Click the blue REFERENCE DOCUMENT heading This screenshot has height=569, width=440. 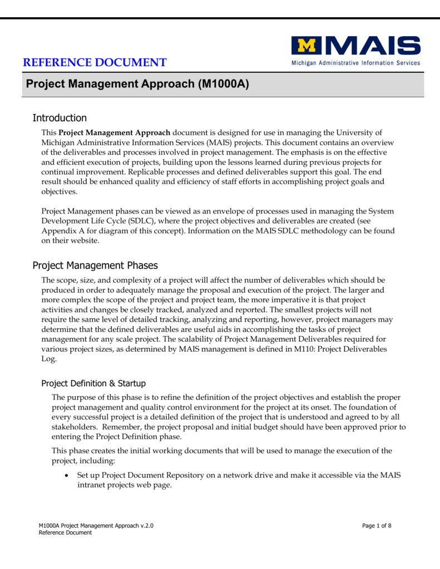tap(95, 62)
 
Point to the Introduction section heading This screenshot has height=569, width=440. tap(60, 118)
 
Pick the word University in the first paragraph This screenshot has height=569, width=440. tap(359, 132)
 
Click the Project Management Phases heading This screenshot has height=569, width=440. tap(95, 265)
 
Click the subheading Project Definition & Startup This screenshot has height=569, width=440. tap(93, 383)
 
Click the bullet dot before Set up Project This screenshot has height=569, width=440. tap(67, 476)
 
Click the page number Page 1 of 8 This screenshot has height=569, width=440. tap(377, 526)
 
